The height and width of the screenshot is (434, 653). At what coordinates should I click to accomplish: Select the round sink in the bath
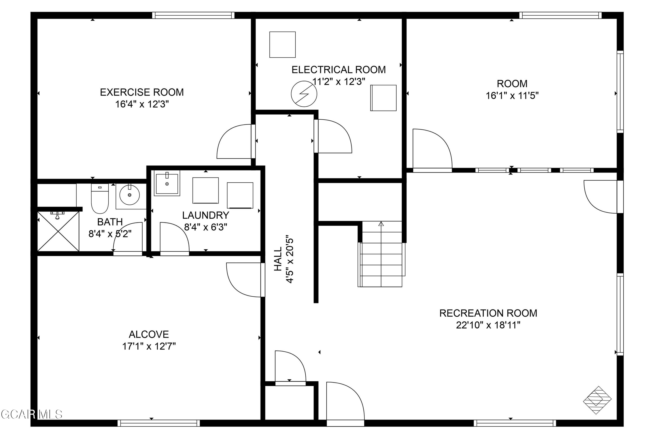(129, 195)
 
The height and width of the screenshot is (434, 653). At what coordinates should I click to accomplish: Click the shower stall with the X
(58, 231)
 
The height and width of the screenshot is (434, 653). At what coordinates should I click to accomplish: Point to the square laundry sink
(167, 183)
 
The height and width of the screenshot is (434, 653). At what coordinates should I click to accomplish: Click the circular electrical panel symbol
(304, 94)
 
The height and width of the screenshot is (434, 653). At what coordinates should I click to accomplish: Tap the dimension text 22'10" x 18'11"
(488, 325)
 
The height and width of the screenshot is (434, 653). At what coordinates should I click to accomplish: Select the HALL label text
(278, 259)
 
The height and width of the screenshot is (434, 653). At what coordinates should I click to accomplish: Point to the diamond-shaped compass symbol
(597, 400)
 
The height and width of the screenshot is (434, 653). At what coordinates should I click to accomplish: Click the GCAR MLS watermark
(31, 414)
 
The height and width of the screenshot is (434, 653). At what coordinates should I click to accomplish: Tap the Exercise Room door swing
(234, 142)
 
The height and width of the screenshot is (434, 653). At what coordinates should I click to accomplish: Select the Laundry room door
(174, 238)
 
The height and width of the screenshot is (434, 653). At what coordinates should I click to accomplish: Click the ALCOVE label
(149, 334)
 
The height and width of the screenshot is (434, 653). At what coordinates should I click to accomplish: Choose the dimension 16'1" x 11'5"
(512, 96)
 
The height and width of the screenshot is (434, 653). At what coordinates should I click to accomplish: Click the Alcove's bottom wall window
(158, 423)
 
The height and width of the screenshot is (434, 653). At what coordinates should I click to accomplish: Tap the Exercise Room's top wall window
(193, 15)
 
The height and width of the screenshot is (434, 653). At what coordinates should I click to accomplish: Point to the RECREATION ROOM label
(488, 313)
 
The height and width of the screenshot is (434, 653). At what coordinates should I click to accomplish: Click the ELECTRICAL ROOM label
(338, 70)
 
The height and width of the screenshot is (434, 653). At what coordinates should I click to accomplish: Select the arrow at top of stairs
(381, 224)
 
